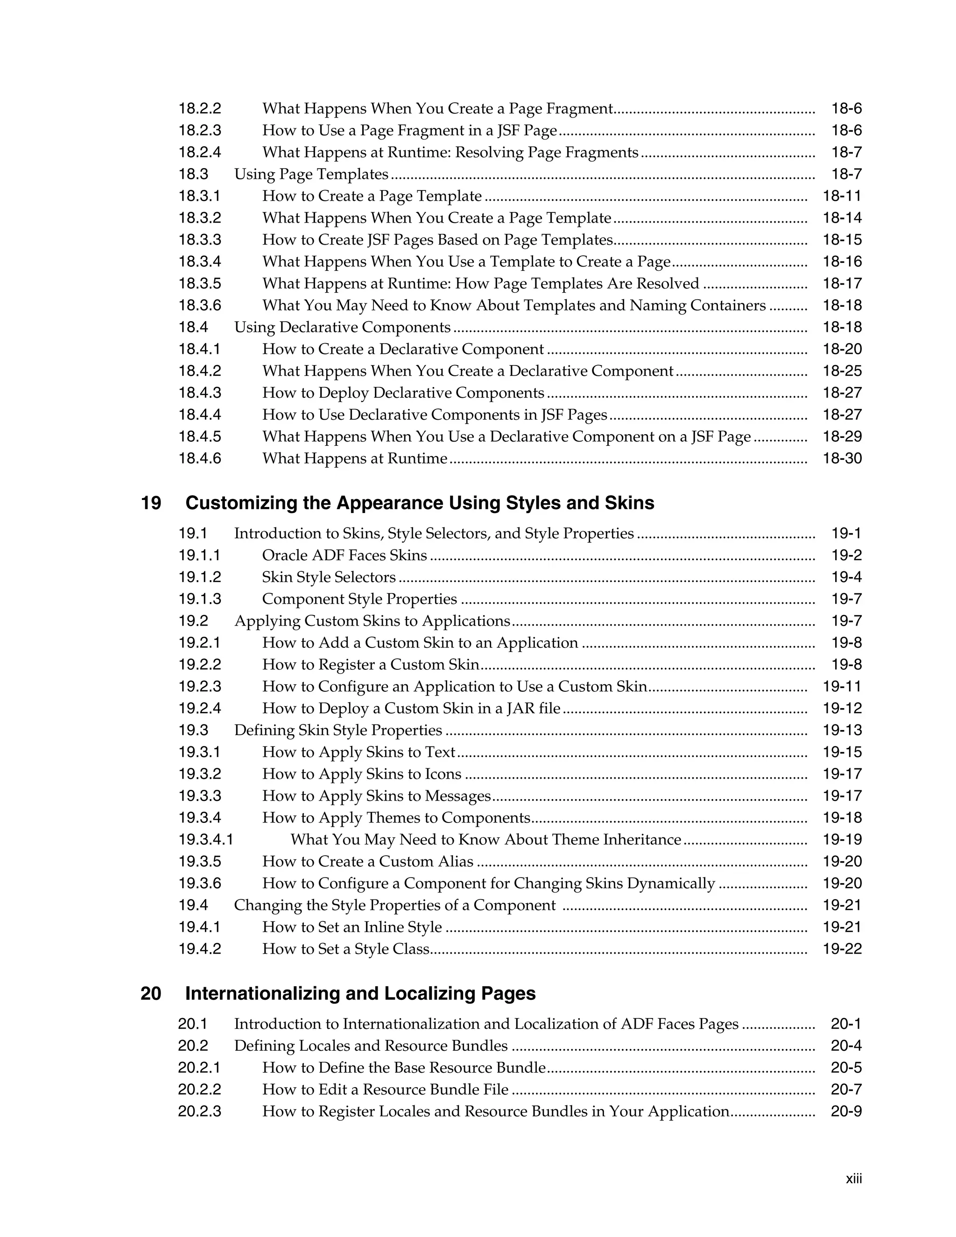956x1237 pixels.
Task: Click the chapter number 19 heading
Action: point(151,503)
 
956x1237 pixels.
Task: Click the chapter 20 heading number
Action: point(151,993)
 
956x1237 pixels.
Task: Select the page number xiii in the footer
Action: point(853,1179)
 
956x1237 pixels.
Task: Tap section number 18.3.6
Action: point(200,305)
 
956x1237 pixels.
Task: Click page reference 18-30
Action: point(842,458)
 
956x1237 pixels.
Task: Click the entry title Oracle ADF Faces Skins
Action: point(344,555)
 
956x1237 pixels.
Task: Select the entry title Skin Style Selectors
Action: point(329,577)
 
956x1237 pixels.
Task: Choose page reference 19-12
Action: point(842,709)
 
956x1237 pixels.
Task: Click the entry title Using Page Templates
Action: point(311,174)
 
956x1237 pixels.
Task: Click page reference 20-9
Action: point(846,1111)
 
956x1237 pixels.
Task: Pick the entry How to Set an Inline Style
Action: point(351,927)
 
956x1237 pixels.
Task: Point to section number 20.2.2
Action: point(199,1089)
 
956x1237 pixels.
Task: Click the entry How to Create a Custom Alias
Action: point(367,862)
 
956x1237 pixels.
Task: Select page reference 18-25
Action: point(842,371)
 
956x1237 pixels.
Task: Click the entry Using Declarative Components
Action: point(342,327)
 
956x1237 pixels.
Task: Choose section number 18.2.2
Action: point(200,108)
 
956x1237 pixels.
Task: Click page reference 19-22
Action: point(842,949)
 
